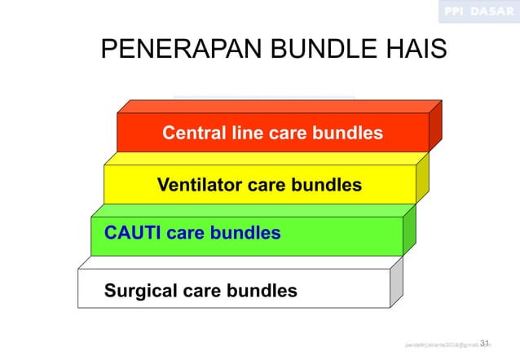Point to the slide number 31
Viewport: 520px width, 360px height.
(x=485, y=343)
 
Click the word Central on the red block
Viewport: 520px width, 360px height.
(x=193, y=133)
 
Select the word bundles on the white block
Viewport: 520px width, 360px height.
(x=262, y=291)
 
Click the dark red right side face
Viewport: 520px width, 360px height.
(x=435, y=128)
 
